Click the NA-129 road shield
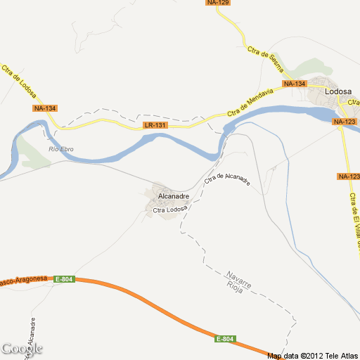[x=219, y=3]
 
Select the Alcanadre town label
[x=173, y=196]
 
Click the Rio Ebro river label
[x=61, y=148]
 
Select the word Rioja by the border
[x=235, y=287]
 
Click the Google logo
[x=21, y=349]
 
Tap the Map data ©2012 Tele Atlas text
[x=312, y=355]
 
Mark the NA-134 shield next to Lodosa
[x=295, y=84]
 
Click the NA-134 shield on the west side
[x=44, y=108]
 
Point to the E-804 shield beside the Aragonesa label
[x=63, y=279]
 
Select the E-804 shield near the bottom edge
[x=225, y=340]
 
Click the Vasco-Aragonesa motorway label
[x=24, y=281]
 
